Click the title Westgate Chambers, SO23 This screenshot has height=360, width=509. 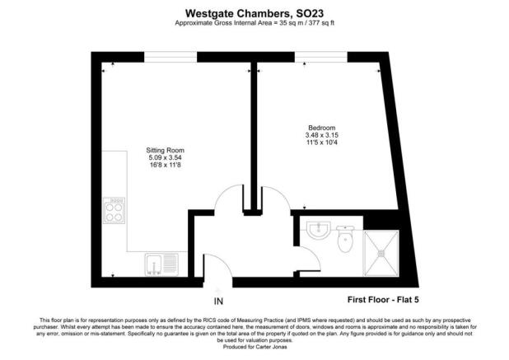point(254,11)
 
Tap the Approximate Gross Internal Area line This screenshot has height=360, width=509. point(254,22)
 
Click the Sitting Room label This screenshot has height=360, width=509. point(165,150)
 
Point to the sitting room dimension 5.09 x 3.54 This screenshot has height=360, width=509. point(165,157)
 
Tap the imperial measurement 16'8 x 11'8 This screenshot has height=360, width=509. point(165,166)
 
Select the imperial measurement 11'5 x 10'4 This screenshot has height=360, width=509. point(321,143)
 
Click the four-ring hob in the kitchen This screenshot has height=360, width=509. point(113,214)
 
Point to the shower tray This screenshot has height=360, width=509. point(381,253)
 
